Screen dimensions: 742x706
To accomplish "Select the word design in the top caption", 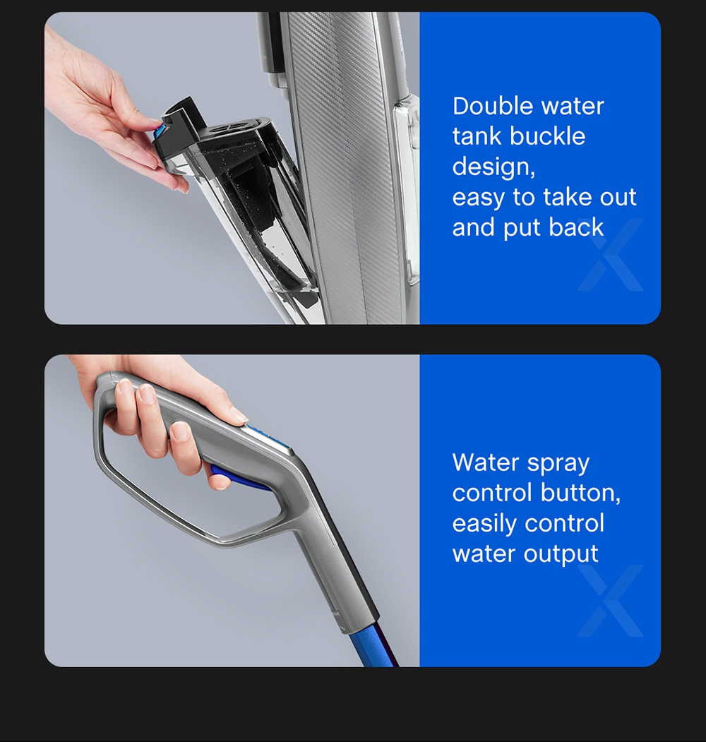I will coord(492,167).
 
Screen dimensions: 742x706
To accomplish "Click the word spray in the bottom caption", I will coord(555,463).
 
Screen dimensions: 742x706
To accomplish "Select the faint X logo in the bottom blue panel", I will coord(611,601).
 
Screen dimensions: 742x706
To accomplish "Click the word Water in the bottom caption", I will coord(485,463).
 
